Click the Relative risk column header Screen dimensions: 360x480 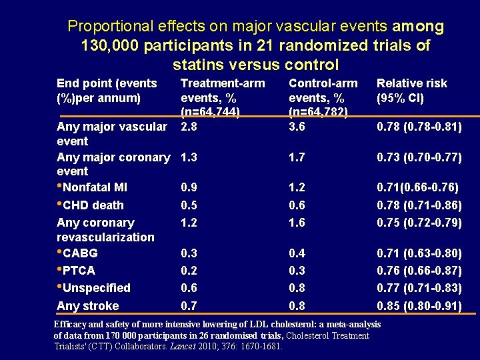click(411, 91)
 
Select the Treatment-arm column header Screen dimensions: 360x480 click(223, 97)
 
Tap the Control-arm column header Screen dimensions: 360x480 click(323, 97)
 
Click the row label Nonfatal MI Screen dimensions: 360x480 click(94, 187)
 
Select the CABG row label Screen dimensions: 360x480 click(80, 253)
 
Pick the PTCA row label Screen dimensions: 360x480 click(79, 271)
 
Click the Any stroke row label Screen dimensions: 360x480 click(88, 306)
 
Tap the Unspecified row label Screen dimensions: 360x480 click(96, 288)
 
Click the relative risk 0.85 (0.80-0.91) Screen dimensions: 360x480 click(419, 306)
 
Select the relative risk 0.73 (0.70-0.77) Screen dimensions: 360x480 click(419, 157)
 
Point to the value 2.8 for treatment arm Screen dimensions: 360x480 click(189, 127)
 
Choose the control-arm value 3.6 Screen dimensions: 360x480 click(297, 127)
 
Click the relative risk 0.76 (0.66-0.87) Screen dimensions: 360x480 click(419, 271)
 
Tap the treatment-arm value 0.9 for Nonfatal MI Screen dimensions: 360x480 click(189, 187)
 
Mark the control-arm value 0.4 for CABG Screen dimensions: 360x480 click(297, 253)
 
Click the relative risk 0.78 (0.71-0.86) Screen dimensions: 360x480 click(419, 205)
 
